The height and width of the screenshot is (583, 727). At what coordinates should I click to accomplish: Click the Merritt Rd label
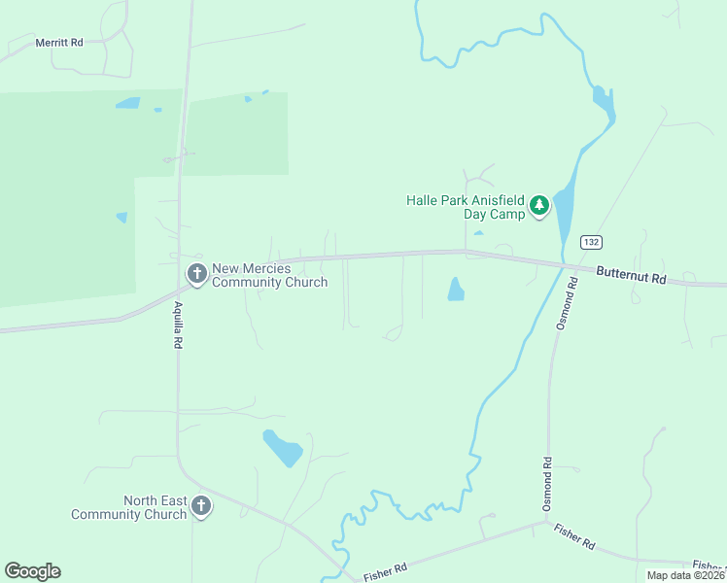coord(59,43)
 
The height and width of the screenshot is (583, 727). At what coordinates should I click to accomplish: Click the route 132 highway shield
coord(590,241)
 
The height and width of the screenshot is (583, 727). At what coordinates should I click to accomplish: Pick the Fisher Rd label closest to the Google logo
coord(384,572)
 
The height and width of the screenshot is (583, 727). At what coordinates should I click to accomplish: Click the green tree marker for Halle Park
coord(539,206)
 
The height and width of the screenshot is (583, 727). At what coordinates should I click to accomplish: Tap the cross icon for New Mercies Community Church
coord(197,275)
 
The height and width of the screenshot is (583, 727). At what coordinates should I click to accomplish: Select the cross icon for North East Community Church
coord(201,505)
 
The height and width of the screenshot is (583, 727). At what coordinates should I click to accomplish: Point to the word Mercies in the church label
coord(265,268)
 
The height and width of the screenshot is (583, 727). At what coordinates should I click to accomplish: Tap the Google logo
coord(32,571)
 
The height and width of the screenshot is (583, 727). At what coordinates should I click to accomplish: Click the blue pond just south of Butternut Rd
coord(455,289)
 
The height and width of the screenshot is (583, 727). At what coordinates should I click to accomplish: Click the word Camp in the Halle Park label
coord(507,214)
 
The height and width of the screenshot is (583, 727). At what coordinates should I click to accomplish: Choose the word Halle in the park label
coord(423,200)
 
